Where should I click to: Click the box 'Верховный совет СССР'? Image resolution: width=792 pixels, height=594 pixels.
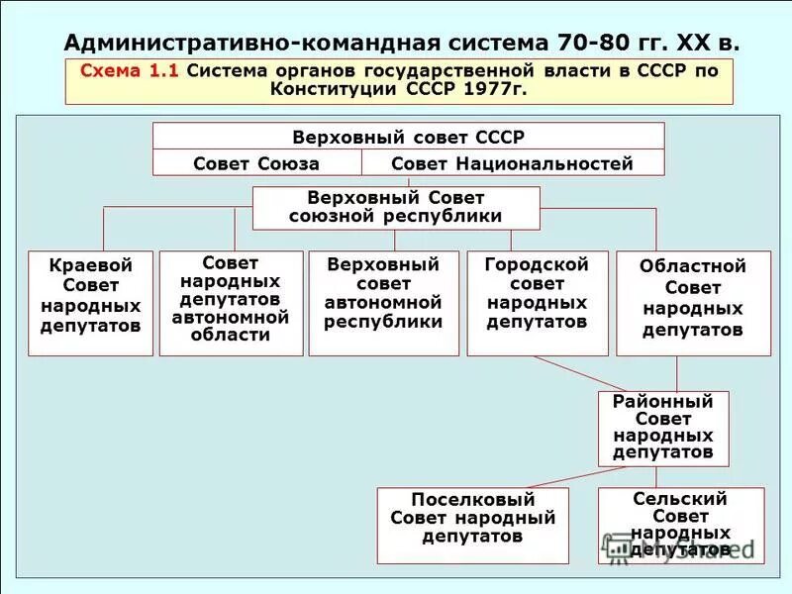pos(408,137)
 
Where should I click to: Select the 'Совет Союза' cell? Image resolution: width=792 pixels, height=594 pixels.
pos(256,163)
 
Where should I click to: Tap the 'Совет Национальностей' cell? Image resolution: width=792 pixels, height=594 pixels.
pos(512,163)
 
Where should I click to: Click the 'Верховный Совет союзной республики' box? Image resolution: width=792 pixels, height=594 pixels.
pos(396,208)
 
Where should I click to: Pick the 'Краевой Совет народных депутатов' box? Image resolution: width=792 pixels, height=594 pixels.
pos(90,303)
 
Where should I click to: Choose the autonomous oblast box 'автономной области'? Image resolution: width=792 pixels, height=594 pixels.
pos(231,303)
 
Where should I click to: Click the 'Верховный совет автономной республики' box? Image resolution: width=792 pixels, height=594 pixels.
pos(383,303)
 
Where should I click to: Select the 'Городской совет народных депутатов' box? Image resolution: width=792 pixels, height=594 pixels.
pos(537,303)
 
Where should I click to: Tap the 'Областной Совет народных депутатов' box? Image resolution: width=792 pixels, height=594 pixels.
pos(692,303)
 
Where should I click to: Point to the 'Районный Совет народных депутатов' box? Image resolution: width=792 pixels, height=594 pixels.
pos(662,428)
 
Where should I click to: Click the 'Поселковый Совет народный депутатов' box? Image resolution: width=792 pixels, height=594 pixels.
pos(472,525)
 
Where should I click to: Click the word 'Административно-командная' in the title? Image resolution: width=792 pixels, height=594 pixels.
pos(233,43)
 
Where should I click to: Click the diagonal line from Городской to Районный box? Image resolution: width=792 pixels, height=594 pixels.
pos(574,374)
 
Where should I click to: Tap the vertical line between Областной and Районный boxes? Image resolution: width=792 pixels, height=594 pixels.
pos(677,373)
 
